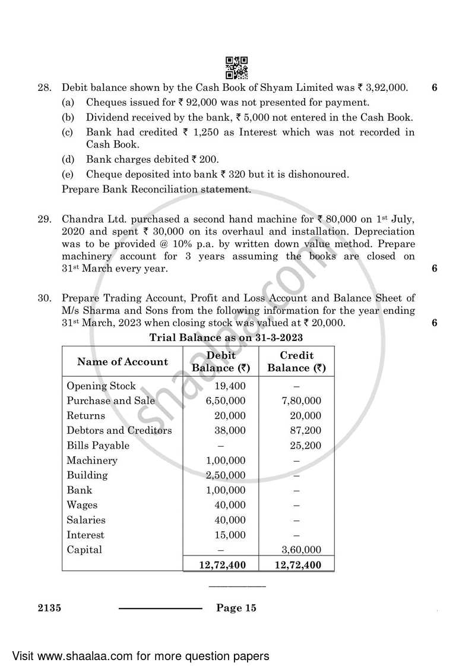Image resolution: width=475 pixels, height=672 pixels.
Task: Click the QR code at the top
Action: click(x=237, y=68)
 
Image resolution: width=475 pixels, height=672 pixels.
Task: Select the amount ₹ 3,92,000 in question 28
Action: click(x=382, y=88)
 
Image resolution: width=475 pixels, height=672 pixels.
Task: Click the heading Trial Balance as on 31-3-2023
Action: click(x=226, y=338)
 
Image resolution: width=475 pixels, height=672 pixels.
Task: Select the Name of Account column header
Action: click(x=123, y=362)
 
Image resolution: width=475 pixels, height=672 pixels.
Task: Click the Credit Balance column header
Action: click(x=296, y=362)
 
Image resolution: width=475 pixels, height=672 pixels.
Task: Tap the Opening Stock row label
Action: click(x=101, y=386)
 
